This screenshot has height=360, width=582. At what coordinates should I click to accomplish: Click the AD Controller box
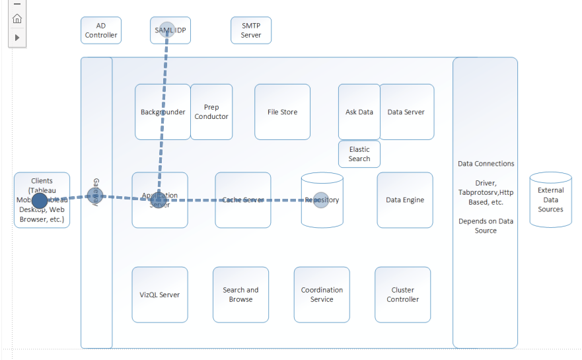pos(101,30)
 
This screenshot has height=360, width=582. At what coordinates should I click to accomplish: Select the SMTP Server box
pos(251,30)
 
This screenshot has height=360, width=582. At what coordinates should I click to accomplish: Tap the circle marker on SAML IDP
pos(166,30)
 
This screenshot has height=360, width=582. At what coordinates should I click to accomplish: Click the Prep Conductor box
pos(211,112)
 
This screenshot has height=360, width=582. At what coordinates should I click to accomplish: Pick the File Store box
pos(282,112)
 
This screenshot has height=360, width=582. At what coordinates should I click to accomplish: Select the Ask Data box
pos(359,112)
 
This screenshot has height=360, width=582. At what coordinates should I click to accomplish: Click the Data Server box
pos(406,112)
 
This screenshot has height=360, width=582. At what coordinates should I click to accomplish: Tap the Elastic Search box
pos(359,154)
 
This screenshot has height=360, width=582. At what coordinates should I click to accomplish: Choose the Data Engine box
pos(405,199)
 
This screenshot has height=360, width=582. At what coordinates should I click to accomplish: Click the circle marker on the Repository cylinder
pos(321,200)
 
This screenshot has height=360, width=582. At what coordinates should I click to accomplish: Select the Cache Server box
pos(242,199)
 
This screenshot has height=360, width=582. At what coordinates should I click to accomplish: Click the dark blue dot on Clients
pos(40,200)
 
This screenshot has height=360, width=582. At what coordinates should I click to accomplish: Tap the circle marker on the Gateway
pos(95,196)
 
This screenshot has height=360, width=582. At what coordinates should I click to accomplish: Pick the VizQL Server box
pos(160,295)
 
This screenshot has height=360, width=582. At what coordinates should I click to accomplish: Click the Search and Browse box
pos(240,295)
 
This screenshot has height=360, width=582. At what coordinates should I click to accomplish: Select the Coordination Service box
pos(322,295)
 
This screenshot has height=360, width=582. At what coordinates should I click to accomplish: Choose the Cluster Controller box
pos(402,295)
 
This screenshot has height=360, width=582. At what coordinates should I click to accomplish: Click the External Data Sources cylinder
pos(550,200)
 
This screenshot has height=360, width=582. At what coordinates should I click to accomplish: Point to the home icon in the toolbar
pos(17,18)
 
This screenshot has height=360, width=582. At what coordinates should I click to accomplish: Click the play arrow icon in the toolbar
pos(17,38)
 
